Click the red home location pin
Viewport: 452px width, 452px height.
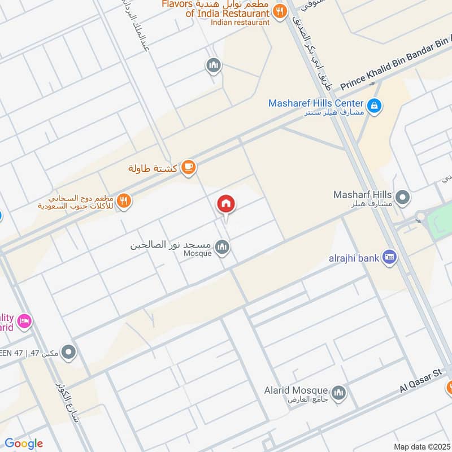click(226, 204)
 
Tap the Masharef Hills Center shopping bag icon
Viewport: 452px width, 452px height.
click(373, 105)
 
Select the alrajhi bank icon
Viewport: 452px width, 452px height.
click(389, 258)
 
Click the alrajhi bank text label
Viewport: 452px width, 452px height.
click(354, 258)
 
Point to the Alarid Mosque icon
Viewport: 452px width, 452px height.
click(338, 393)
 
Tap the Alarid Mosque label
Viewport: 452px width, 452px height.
click(295, 390)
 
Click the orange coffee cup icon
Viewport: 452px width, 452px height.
click(189, 167)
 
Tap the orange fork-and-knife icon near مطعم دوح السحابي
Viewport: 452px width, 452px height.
click(125, 199)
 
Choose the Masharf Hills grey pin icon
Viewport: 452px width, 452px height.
click(402, 198)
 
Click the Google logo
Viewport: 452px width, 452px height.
click(24, 443)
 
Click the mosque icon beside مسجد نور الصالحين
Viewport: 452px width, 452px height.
click(223, 247)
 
